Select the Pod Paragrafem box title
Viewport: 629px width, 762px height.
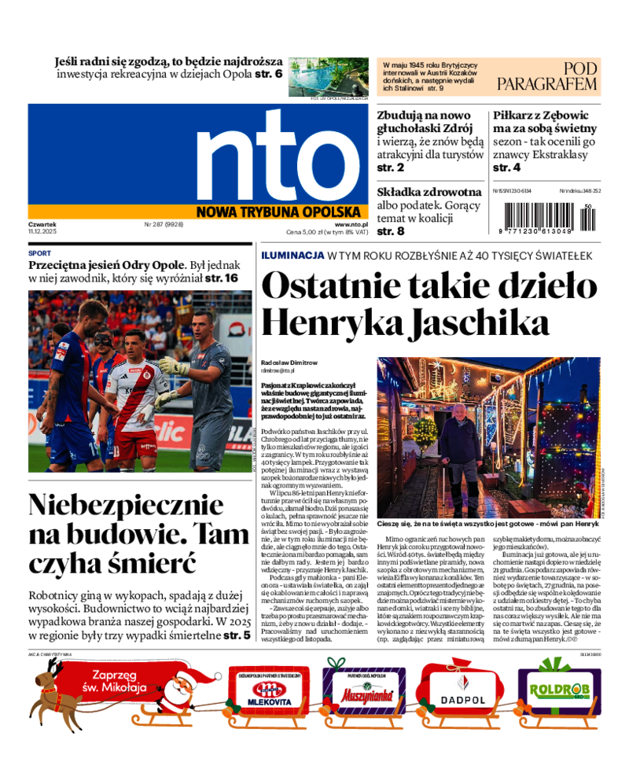558,76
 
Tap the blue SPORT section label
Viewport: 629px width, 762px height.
39,254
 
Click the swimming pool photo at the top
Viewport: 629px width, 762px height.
329,77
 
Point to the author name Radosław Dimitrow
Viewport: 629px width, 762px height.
289,363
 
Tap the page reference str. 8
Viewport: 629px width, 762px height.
391,231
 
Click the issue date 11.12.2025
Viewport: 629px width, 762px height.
43,232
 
